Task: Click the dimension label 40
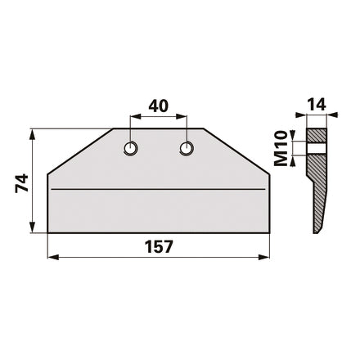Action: [x=158, y=106]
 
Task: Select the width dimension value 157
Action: [x=159, y=246]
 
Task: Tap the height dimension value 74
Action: [x=22, y=183]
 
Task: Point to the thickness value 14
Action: [x=317, y=105]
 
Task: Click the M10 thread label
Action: [x=281, y=148]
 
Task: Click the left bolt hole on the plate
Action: [x=131, y=149]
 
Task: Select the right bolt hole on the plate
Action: [x=187, y=149]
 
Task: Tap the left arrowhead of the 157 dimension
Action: [x=53, y=257]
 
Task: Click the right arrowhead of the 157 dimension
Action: [x=263, y=257]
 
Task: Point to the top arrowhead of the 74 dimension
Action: [x=32, y=134]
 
